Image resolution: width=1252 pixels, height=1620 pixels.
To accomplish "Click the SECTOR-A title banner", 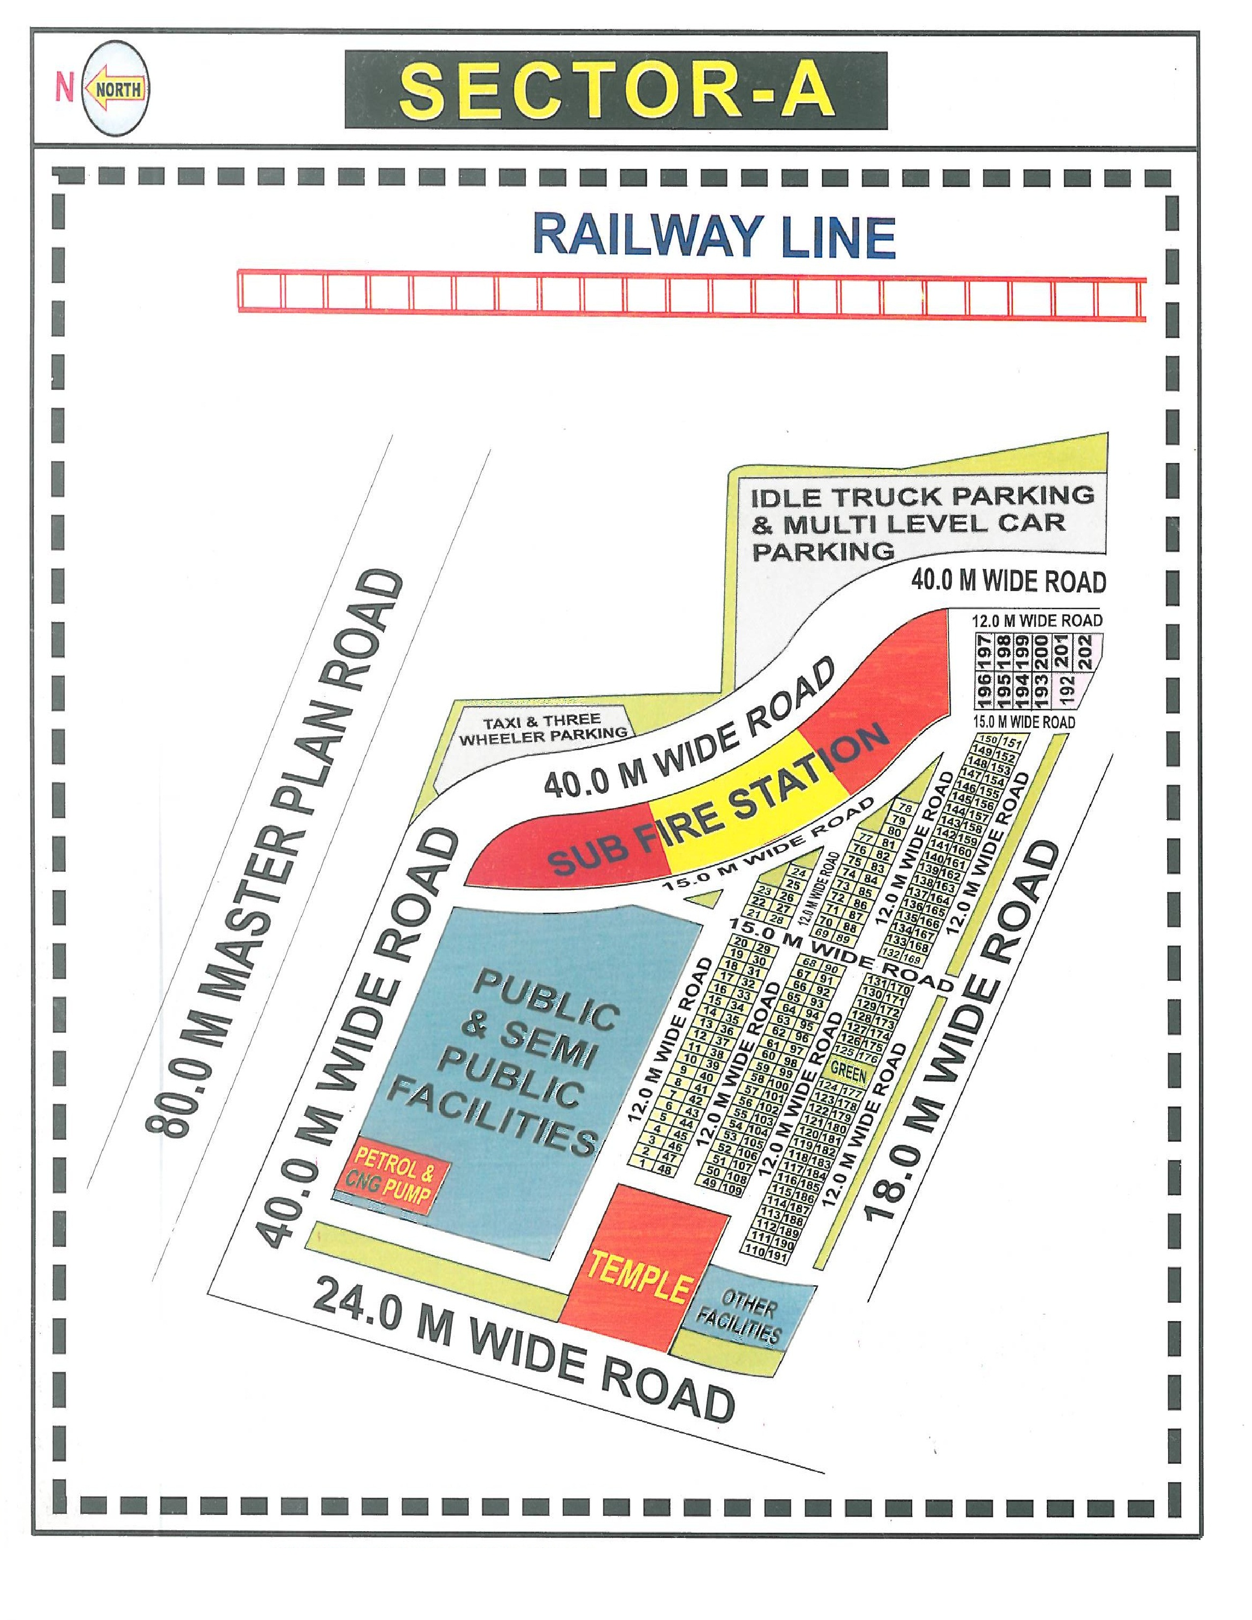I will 616,90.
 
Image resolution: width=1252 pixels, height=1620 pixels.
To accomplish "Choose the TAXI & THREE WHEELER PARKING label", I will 542,728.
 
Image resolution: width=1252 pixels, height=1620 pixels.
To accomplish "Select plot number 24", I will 799,873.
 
